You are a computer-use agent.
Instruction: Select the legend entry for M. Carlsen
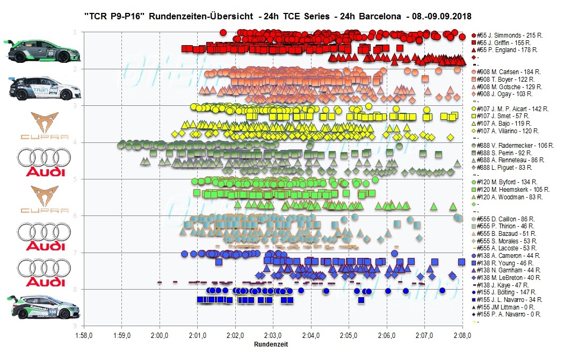pyautogui.click(x=508, y=71)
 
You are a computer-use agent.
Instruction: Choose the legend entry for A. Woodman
pyautogui.click(x=508, y=197)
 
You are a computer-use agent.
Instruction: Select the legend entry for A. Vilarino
pyautogui.click(x=507, y=131)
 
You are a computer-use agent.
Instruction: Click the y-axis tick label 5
pyautogui.click(x=74, y=179)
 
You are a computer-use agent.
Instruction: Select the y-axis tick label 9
pyautogui.click(x=74, y=326)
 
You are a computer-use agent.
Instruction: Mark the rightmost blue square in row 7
pyautogui.click(x=461, y=262)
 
